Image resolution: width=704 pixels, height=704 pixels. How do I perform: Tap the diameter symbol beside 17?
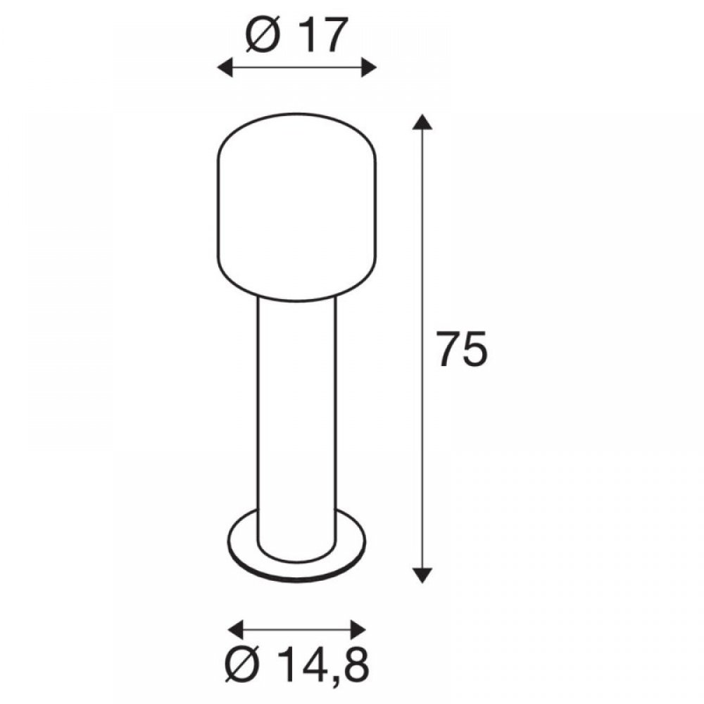pos(263,37)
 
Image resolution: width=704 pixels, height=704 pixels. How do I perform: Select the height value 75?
pos(462,349)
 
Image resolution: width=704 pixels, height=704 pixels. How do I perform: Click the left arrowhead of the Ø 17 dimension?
pos(225,68)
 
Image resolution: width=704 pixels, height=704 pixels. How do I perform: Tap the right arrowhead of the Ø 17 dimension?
pos(369,68)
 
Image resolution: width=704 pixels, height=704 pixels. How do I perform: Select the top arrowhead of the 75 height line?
pos(422,122)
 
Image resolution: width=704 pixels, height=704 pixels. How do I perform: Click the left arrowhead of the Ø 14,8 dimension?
pos(236,629)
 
